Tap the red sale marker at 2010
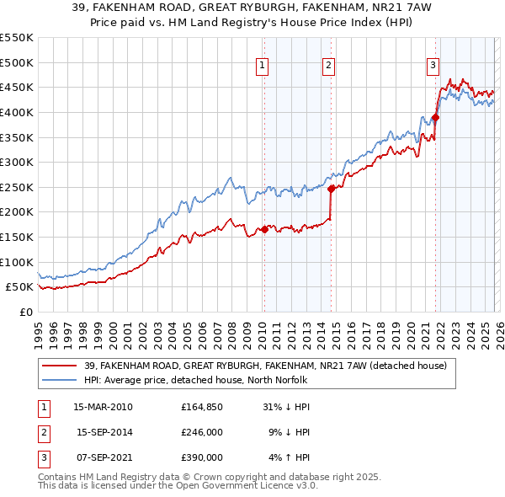pyautogui.click(x=263, y=229)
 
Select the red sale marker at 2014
pyautogui.click(x=331, y=189)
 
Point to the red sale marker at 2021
pyautogui.click(x=435, y=117)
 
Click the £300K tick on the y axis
pyautogui.click(x=16, y=162)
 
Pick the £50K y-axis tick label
pyautogui.click(x=19, y=287)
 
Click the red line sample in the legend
pyautogui.click(x=60, y=366)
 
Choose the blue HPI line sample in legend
pyautogui.click(x=60, y=380)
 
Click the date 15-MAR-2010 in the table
pyautogui.click(x=103, y=407)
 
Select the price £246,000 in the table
pyautogui.click(x=202, y=432)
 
